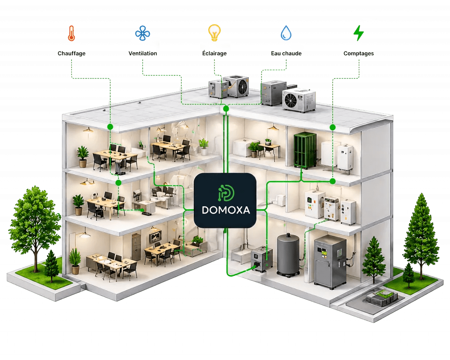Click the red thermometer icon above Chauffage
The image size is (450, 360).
click(x=71, y=33)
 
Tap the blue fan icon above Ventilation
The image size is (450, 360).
click(x=143, y=33)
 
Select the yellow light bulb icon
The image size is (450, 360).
click(x=214, y=32)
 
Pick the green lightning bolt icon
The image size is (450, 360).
click(x=359, y=33)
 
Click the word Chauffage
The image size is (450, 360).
click(x=72, y=53)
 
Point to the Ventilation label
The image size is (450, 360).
click(x=143, y=53)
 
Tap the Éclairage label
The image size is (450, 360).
click(x=214, y=53)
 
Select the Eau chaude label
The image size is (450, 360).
click(x=286, y=53)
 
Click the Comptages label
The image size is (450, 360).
click(x=359, y=53)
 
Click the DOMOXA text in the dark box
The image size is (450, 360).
click(x=226, y=210)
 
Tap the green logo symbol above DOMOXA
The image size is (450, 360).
click(x=226, y=193)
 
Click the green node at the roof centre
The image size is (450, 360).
click(x=226, y=108)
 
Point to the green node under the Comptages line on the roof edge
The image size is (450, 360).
click(x=333, y=127)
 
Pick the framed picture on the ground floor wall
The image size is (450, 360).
click(x=155, y=237)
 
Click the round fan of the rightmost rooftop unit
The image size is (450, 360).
click(x=291, y=101)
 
